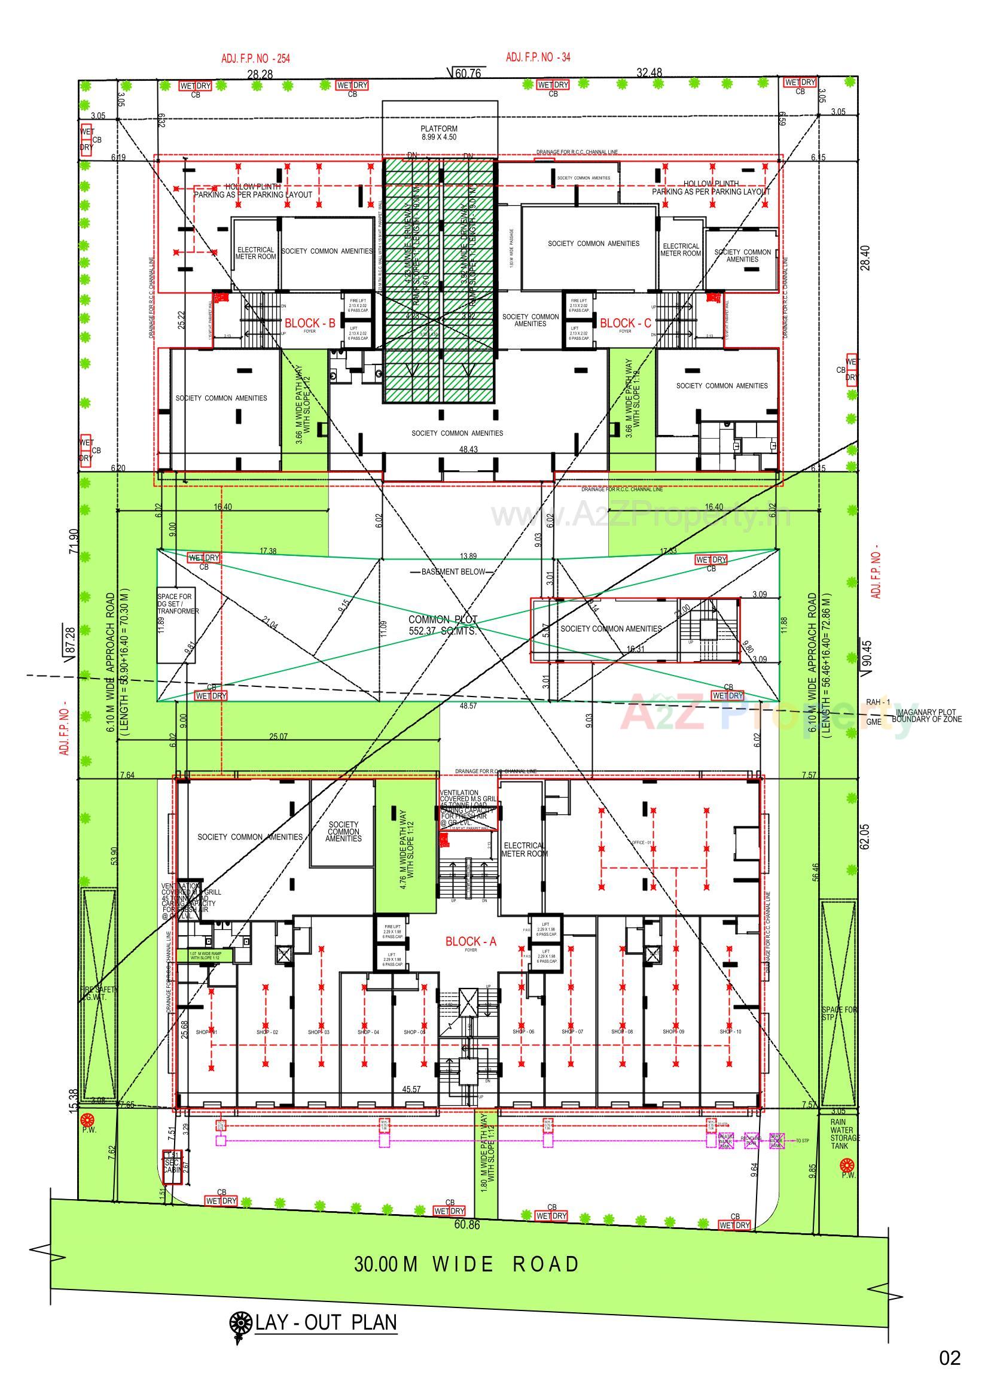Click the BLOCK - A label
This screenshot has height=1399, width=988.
click(x=470, y=941)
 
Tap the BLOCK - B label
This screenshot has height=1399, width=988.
click(x=310, y=323)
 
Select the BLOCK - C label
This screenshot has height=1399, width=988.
click(x=625, y=323)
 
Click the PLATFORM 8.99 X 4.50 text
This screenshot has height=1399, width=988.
click(x=438, y=133)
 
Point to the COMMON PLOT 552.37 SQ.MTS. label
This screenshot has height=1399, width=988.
click(x=443, y=625)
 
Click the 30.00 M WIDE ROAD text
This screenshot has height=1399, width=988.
click(x=466, y=1264)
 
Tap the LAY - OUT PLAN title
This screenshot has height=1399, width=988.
click(x=326, y=1335)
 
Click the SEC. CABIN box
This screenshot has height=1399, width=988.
click(x=172, y=1167)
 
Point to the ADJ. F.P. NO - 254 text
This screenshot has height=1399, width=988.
click(x=255, y=59)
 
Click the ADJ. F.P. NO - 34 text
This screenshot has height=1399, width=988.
click(x=538, y=57)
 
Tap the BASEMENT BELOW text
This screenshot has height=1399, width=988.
click(x=453, y=571)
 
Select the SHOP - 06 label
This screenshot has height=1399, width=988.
click(x=523, y=1032)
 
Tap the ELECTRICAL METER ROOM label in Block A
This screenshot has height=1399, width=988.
click(x=523, y=850)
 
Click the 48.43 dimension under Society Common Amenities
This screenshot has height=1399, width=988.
click(x=468, y=449)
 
